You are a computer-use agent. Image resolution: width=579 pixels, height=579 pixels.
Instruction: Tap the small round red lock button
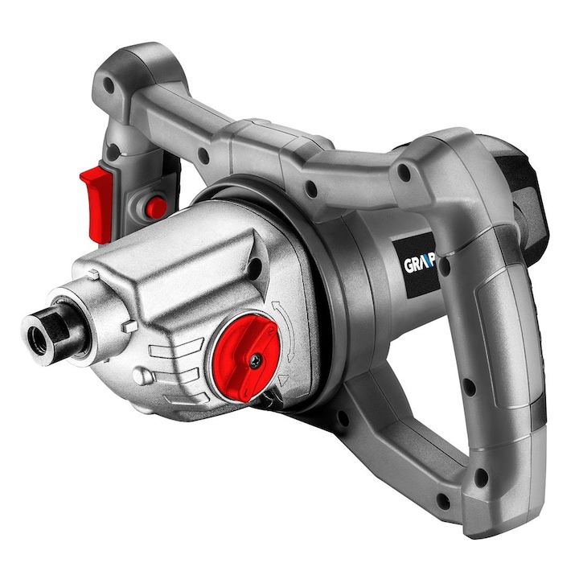click(x=155, y=207)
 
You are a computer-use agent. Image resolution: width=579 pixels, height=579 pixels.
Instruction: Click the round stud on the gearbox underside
click(x=140, y=377)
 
